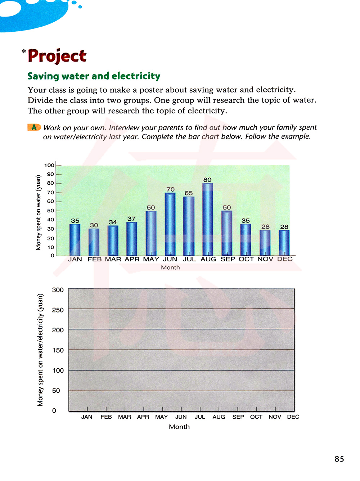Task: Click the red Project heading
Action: [57, 56]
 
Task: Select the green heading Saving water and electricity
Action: [94, 76]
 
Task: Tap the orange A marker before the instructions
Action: [34, 127]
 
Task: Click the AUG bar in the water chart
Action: [208, 220]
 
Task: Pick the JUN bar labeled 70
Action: [170, 224]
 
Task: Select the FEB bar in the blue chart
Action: [94, 242]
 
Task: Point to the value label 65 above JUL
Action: [189, 193]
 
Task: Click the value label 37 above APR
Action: [131, 219]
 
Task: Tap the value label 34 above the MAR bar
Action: [113, 222]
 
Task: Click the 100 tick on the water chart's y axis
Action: [49, 165]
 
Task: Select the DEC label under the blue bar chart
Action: [285, 259]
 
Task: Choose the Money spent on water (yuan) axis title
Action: [39, 212]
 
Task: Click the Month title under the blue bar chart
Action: [170, 268]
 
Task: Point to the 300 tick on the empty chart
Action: [58, 290]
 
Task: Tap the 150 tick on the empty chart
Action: [58, 350]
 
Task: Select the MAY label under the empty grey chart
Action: [161, 417]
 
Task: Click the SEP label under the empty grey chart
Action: [238, 417]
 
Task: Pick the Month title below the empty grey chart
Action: [179, 427]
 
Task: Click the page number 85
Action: [339, 459]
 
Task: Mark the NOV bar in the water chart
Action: [265, 243]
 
